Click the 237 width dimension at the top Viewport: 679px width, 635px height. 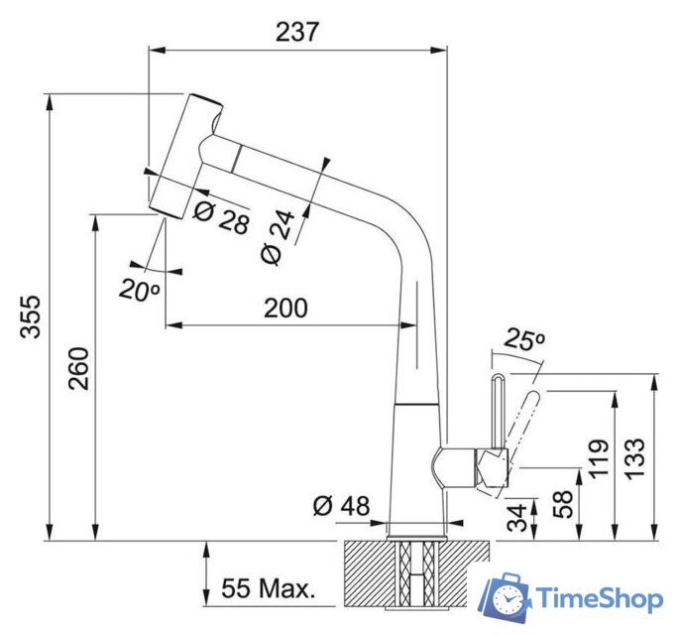point(297,32)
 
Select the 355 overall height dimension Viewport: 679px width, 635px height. point(31,317)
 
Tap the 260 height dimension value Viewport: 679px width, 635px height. point(79,368)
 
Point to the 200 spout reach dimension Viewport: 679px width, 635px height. point(285,308)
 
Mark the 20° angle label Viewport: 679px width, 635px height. point(140,291)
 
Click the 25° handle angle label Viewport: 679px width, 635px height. point(525,340)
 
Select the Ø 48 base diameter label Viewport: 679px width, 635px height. point(340,506)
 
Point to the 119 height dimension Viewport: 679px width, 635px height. point(598,458)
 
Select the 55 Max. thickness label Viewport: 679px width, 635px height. point(268,587)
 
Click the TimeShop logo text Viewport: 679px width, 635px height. point(600,598)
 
